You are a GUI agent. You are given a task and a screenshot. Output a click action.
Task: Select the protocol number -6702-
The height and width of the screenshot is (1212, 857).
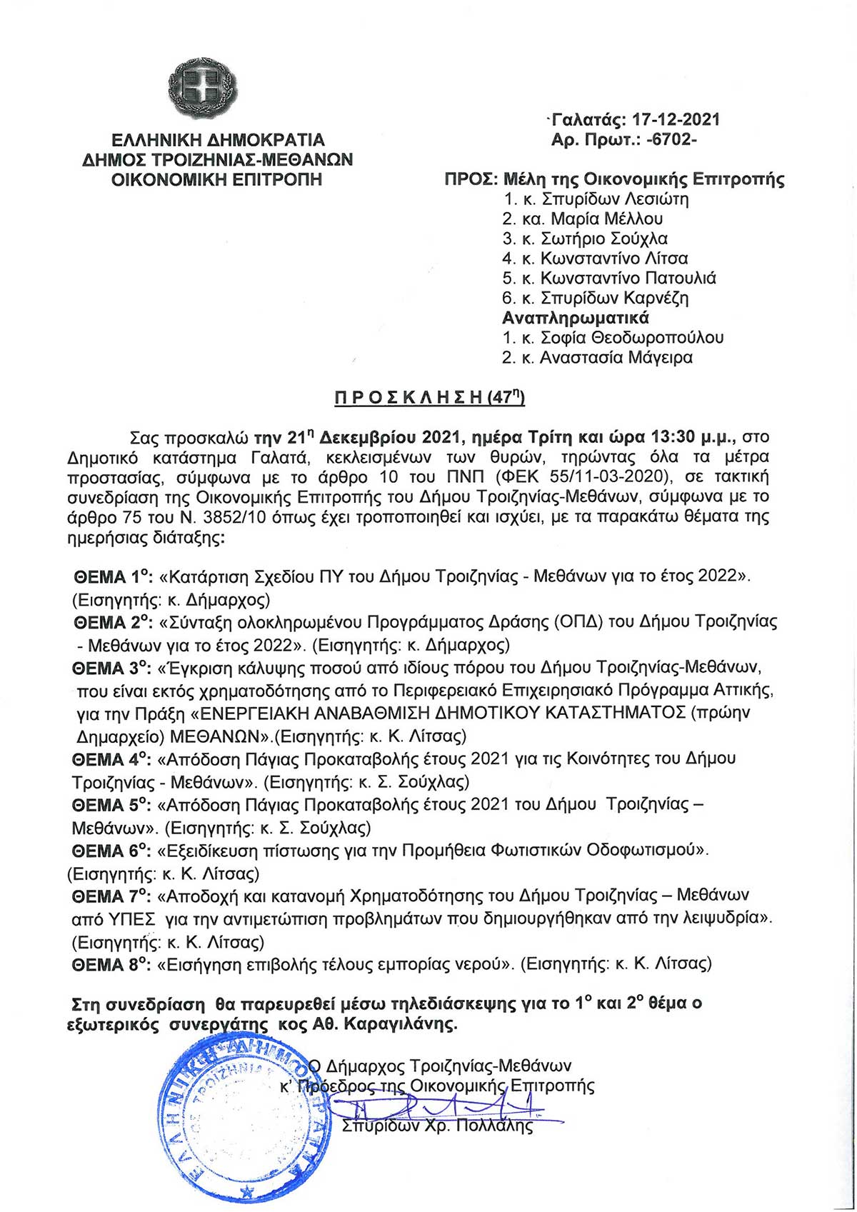(671, 140)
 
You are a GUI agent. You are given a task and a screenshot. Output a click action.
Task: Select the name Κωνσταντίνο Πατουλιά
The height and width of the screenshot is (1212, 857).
(628, 278)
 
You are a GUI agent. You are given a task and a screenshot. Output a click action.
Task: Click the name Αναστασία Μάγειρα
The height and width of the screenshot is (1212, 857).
(616, 357)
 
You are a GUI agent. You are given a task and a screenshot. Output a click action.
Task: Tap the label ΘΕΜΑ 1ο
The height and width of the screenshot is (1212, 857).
(114, 576)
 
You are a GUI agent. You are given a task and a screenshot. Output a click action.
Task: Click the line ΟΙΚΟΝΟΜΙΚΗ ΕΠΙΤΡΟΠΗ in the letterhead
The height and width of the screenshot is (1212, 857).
(217, 179)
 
